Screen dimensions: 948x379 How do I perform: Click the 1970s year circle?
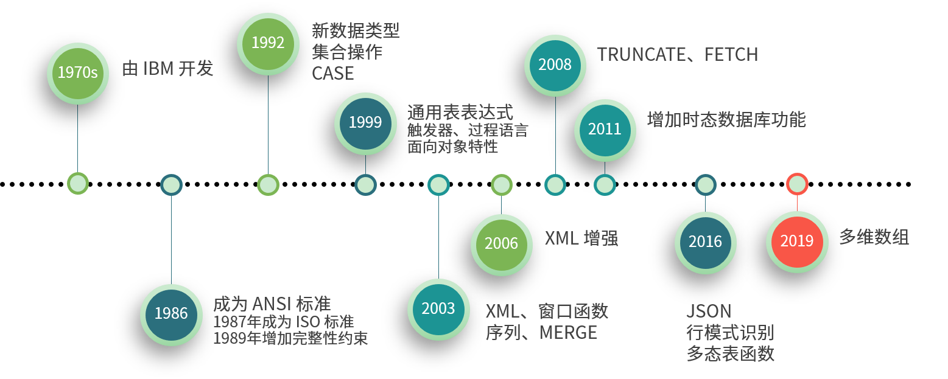pyautogui.click(x=78, y=73)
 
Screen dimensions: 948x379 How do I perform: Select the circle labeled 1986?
pyautogui.click(x=171, y=314)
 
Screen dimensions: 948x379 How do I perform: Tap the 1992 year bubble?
pyautogui.click(x=268, y=43)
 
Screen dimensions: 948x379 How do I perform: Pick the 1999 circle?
pyautogui.click(x=365, y=123)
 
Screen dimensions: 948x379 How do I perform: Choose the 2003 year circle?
pyautogui.click(x=438, y=309)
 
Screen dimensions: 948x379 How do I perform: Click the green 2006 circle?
pyautogui.click(x=501, y=244)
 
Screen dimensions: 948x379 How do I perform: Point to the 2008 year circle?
pyautogui.click(x=555, y=65)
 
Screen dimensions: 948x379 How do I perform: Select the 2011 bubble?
pyautogui.click(x=605, y=130)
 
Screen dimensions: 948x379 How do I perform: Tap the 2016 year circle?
pyautogui.click(x=705, y=242)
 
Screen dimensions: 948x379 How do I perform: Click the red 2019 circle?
pyautogui.click(x=796, y=242)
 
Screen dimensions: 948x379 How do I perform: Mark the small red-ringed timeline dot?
pyautogui.click(x=797, y=184)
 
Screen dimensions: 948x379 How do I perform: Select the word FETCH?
pyautogui.click(x=731, y=55)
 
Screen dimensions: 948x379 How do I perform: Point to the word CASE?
pyautogui.click(x=333, y=74)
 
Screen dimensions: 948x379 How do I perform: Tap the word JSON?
pyautogui.click(x=709, y=311)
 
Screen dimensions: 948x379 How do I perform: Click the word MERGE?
pyautogui.click(x=568, y=333)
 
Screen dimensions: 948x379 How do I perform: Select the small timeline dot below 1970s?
pyautogui.click(x=78, y=183)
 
